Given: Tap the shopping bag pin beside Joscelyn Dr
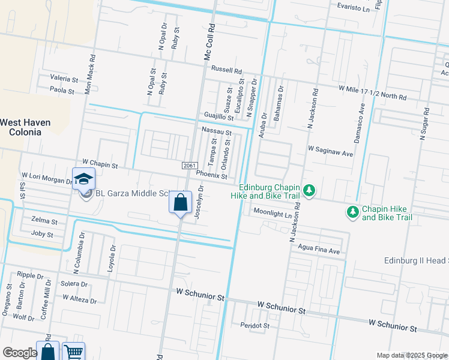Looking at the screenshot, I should (180, 203).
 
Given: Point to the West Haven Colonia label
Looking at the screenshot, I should (25, 127).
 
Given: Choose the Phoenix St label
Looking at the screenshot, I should (211, 176).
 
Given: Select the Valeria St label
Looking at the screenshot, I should (64, 79).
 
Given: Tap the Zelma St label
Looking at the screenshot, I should (42, 220).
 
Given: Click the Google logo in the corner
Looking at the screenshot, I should (20, 353).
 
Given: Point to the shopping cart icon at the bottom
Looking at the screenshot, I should (73, 352).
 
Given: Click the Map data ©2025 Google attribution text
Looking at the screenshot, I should (411, 355).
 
